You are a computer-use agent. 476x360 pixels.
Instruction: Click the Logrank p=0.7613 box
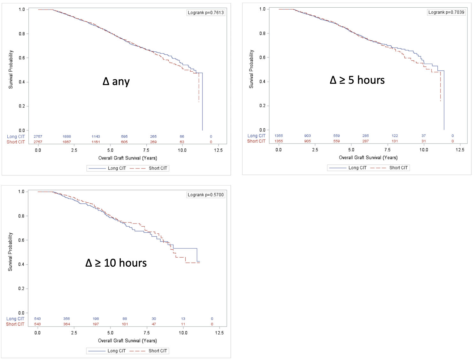(206, 13)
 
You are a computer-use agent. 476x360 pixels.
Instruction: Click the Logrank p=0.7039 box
(446, 12)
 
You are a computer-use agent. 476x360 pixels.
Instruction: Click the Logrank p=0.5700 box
(206, 195)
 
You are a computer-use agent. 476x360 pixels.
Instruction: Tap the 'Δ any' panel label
(116, 82)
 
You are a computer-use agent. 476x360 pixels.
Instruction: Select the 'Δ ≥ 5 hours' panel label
(357, 80)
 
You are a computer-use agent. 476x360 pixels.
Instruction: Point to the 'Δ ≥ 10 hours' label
(116, 263)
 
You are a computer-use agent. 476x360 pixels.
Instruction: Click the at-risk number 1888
(67, 137)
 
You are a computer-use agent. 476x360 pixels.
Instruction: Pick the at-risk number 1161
(96, 142)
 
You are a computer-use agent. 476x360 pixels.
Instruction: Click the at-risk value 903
(307, 136)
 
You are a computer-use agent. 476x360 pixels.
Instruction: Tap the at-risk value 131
(395, 141)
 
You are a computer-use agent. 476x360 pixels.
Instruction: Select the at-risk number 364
(66, 324)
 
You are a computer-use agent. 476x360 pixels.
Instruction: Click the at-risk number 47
(154, 324)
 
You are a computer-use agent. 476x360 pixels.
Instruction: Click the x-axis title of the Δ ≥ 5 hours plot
(368, 158)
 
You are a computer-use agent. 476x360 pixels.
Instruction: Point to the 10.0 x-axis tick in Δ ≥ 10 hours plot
(183, 333)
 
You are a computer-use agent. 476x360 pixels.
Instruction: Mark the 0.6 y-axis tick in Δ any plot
(22, 58)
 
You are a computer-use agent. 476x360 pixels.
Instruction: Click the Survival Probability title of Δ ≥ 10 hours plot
(10, 252)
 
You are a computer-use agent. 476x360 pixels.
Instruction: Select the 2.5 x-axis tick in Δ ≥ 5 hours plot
(315, 150)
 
